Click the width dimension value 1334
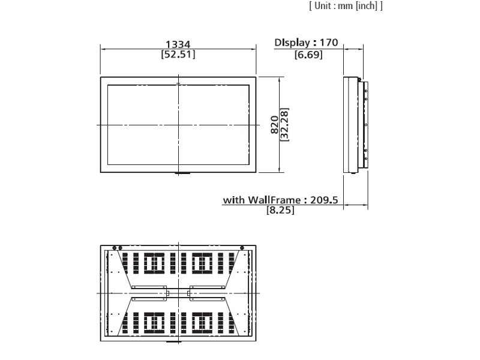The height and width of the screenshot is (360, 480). pyautogui.click(x=178, y=44)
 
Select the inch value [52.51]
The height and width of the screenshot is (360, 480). pyautogui.click(x=178, y=55)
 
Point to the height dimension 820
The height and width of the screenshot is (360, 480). pyautogui.click(x=275, y=125)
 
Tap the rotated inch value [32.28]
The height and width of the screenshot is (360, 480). pyautogui.click(x=284, y=125)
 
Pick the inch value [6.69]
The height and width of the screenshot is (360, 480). pyautogui.click(x=308, y=55)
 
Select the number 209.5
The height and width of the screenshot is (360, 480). pyautogui.click(x=324, y=200)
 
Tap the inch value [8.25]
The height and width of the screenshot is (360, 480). pyautogui.click(x=280, y=211)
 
